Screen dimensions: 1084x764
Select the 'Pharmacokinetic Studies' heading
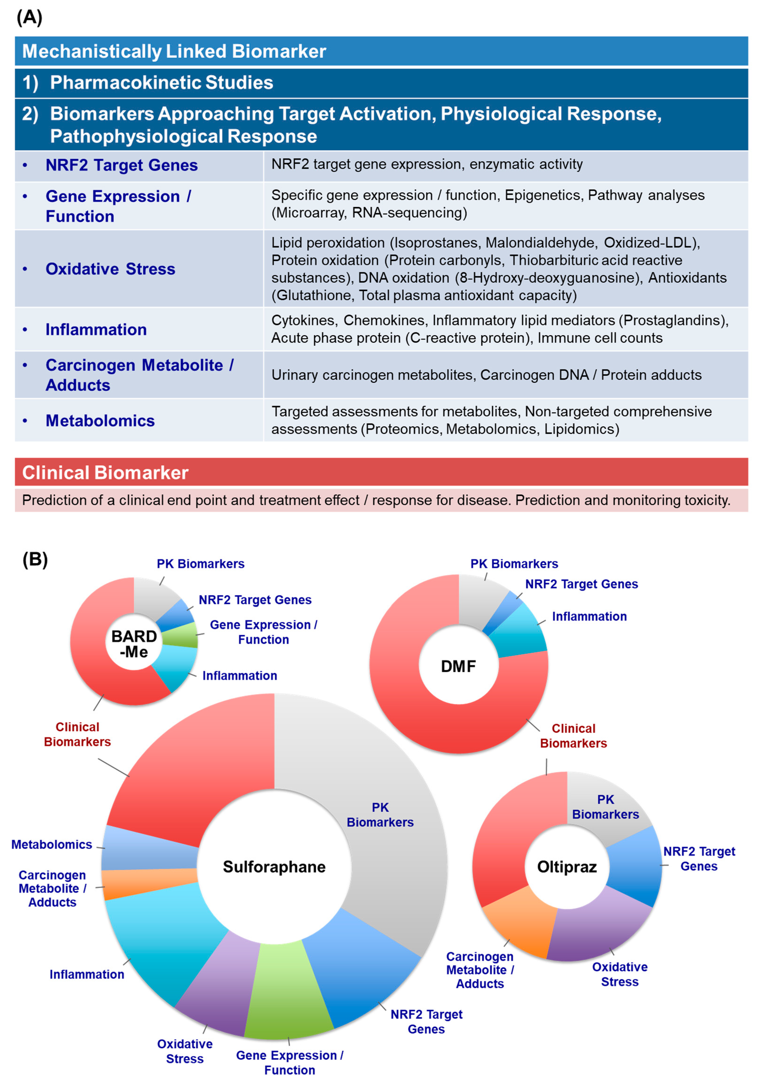pyautogui.click(x=161, y=83)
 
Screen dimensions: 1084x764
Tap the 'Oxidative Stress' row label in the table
pyautogui.click(x=110, y=269)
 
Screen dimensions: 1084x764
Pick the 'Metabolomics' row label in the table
pyautogui.click(x=100, y=421)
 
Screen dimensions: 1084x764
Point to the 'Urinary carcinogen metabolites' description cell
pyautogui.click(x=486, y=375)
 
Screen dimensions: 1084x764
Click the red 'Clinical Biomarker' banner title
pyautogui.click(x=105, y=473)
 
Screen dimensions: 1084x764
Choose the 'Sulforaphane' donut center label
pyautogui.click(x=274, y=867)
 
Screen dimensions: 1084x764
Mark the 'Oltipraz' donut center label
pyautogui.click(x=567, y=867)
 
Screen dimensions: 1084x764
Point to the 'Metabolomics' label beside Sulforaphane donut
pyautogui.click(x=52, y=845)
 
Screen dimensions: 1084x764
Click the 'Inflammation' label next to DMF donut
pyautogui.click(x=589, y=617)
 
